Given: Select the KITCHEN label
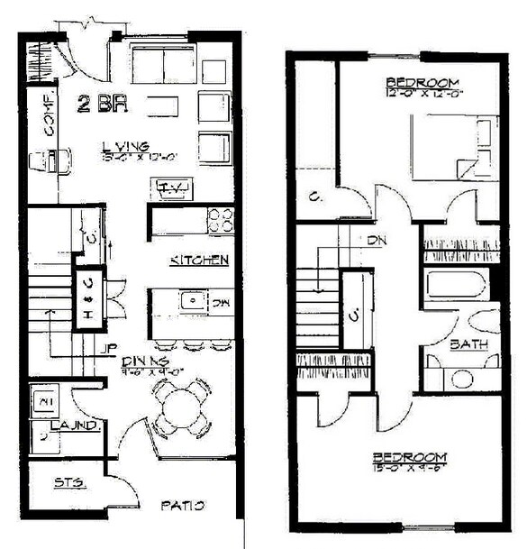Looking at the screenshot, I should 198,261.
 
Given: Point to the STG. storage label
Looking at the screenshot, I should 68,483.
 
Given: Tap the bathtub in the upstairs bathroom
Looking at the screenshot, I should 456,288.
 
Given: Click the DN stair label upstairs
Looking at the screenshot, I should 377,241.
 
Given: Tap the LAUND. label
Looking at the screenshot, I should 66,424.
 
